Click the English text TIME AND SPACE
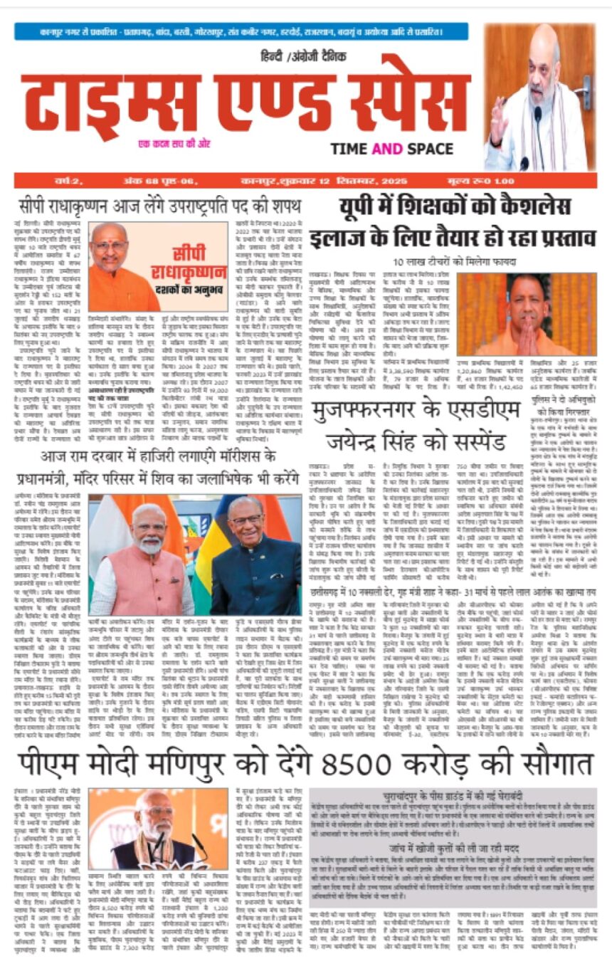tap(391, 148)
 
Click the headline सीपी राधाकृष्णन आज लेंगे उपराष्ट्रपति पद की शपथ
tap(160, 207)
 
